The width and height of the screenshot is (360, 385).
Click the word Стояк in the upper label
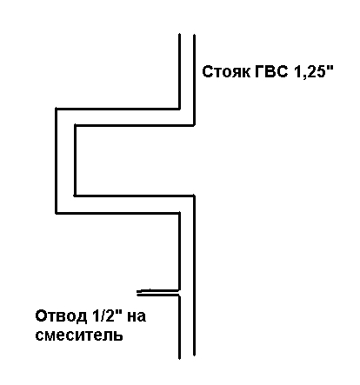click(x=226, y=71)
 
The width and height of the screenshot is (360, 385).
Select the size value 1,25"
click(x=314, y=71)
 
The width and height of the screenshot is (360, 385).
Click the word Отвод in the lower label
click(x=61, y=316)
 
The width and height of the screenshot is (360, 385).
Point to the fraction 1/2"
click(x=106, y=315)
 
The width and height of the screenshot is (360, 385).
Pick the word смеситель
click(x=79, y=335)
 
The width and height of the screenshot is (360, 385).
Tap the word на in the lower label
click(x=137, y=316)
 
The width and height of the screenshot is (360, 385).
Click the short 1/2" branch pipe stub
click(x=158, y=293)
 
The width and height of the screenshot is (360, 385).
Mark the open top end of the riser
click(x=187, y=35)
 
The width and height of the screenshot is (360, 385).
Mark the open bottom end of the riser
click(x=187, y=357)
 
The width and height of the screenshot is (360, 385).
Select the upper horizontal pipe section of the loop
click(x=125, y=117)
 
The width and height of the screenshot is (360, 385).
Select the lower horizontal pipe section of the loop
click(x=125, y=204)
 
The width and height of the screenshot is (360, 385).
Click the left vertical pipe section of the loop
click(x=65, y=161)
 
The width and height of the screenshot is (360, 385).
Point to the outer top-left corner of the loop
click(x=56, y=109)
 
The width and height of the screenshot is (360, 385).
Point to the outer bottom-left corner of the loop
click(x=56, y=214)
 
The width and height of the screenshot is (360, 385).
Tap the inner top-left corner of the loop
click(x=75, y=125)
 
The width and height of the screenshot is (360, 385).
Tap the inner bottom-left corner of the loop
click(x=75, y=196)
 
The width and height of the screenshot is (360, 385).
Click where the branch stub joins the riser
click(x=179, y=293)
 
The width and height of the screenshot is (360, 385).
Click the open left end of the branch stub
click(x=137, y=293)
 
